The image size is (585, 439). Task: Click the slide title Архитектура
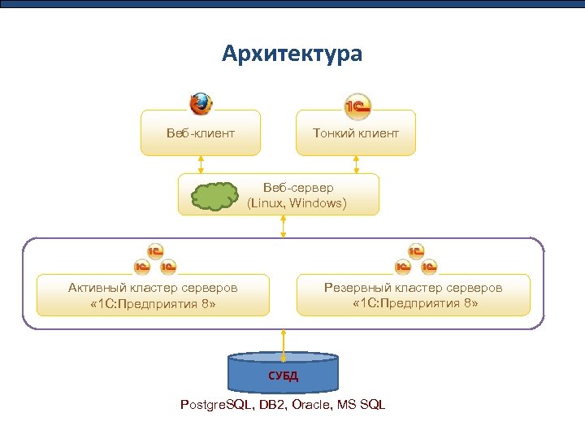292,54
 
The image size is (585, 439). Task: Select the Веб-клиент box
201,133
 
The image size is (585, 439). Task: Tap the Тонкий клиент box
356,133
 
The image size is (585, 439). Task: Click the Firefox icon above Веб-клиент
201,104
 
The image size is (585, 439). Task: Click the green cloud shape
214,196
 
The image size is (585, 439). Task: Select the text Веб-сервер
297,188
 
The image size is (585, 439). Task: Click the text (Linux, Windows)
297,203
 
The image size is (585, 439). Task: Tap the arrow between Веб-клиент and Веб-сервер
201,164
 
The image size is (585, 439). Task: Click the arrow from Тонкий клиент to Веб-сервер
356,164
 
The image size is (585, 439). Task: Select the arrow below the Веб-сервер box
284,226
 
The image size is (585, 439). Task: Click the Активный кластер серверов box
153,296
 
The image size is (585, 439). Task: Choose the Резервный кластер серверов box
414,296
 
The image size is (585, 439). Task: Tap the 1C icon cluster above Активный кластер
154,259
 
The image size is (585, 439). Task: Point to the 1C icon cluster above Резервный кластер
415,259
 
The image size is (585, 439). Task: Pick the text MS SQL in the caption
362,405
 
